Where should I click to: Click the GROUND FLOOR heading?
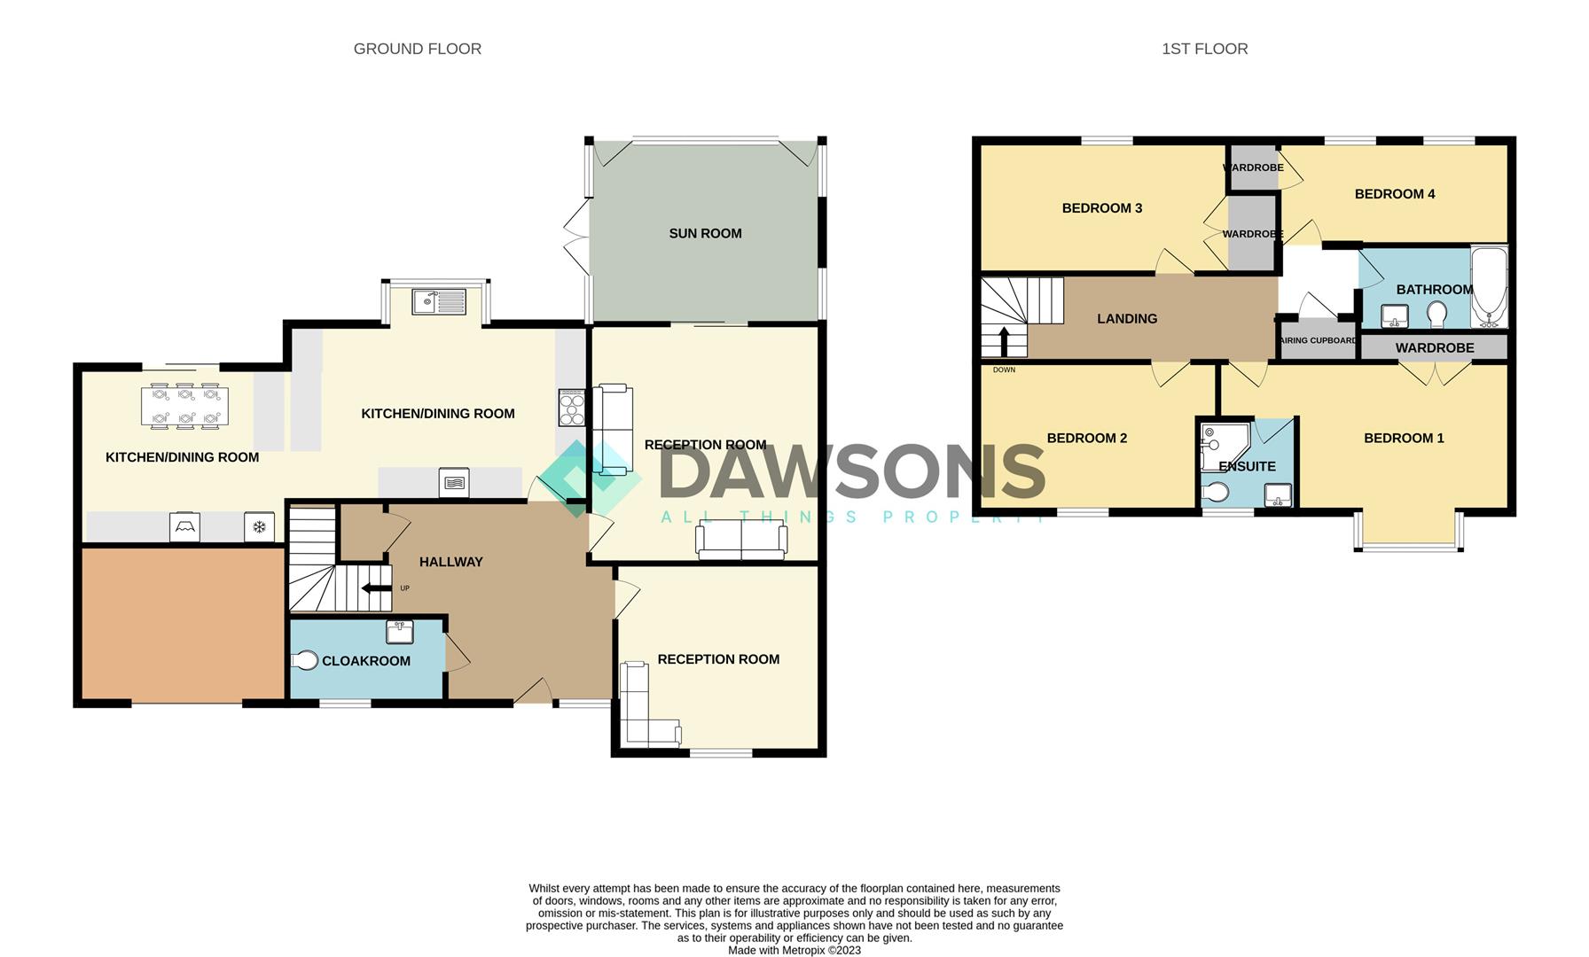(x=417, y=49)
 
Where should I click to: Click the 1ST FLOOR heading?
(x=1204, y=49)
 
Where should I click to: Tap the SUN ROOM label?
(x=705, y=233)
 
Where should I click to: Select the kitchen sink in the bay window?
(x=439, y=301)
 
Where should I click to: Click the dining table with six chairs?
(x=184, y=405)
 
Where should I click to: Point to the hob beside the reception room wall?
(x=572, y=408)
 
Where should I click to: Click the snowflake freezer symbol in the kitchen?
(x=260, y=528)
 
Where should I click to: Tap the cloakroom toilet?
(x=305, y=660)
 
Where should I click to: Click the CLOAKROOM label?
(x=365, y=661)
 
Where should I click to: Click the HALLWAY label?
(x=450, y=562)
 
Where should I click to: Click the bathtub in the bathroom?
(x=1489, y=288)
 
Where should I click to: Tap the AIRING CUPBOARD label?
(x=1318, y=340)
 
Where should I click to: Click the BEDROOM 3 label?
(x=1101, y=208)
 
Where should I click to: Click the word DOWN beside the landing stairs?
(x=1004, y=370)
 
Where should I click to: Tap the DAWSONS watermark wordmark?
(x=851, y=472)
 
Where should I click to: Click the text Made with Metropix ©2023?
(x=794, y=950)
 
